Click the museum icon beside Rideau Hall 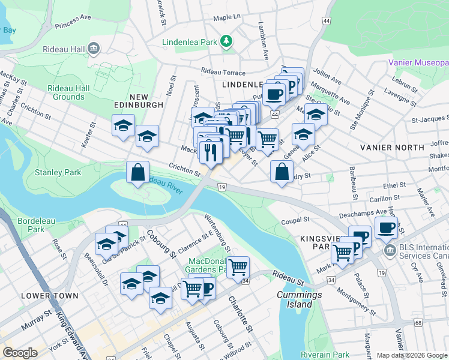point(94,48)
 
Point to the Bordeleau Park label point(31,225)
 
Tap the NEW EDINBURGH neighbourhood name point(138,104)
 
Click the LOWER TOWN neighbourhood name point(49,296)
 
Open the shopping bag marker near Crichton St point(138,173)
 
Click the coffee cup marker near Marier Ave point(386,227)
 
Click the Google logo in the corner point(20,353)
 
